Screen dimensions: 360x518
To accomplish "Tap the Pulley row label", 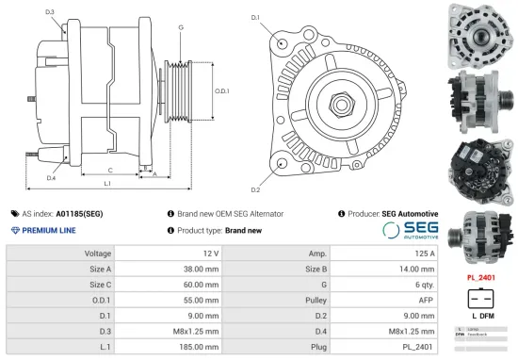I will click(316, 299).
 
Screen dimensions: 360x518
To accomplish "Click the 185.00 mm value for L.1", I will click(199, 345).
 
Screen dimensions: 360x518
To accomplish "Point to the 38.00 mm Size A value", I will click(201, 269).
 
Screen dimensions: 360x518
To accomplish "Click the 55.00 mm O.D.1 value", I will click(201, 299).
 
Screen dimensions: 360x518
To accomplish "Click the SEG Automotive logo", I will click(410, 230).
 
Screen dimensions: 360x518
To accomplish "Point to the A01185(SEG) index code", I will click(79, 214).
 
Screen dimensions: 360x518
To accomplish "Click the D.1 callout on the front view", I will click(256, 18).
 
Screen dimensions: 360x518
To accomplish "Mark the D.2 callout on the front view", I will click(256, 176).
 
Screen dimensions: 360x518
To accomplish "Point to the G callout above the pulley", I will click(180, 28).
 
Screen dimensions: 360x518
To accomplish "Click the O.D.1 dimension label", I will click(222, 90).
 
